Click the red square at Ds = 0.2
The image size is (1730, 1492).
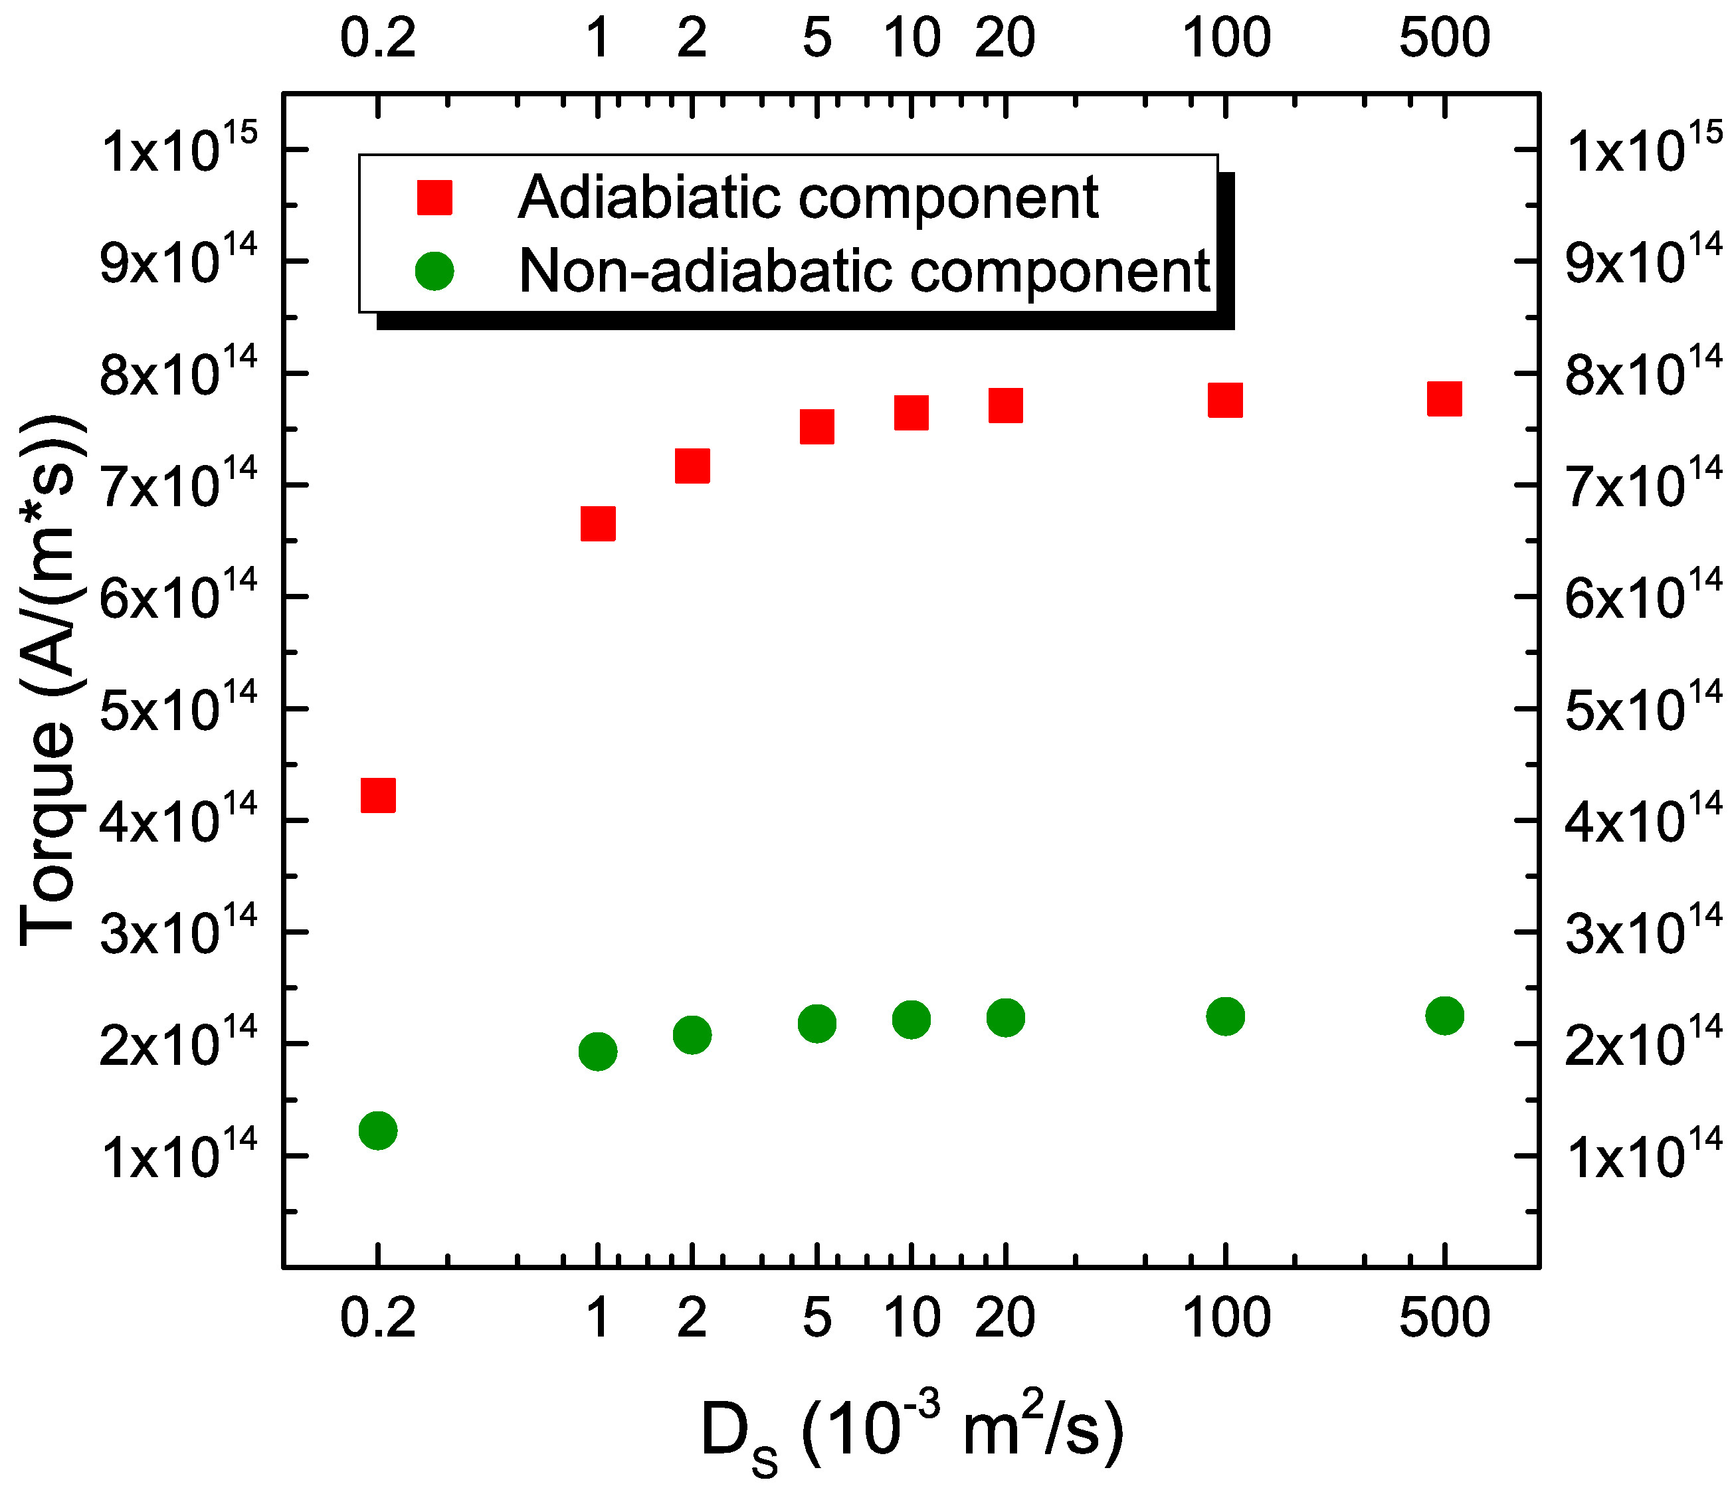coord(377,795)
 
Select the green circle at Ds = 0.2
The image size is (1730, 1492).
coord(377,1131)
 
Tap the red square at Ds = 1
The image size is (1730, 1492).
coord(598,524)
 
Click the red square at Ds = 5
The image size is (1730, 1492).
coord(817,426)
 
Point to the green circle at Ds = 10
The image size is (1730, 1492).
coord(911,1020)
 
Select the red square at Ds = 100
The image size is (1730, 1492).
coord(1225,401)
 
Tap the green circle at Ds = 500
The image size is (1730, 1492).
coord(1444,1015)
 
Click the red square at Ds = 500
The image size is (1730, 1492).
coord(1444,399)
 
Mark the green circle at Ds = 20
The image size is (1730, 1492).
coord(1005,1018)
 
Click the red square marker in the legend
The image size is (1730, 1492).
coord(434,198)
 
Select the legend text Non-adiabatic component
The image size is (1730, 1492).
coord(864,271)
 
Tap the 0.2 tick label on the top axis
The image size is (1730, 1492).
coord(377,39)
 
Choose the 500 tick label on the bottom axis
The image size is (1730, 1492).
coord(1444,1319)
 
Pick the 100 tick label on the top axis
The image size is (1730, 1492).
coord(1226,39)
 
